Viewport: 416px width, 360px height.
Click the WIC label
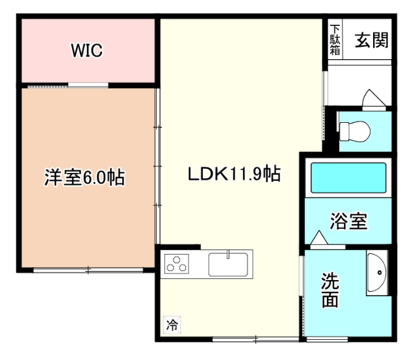pyautogui.click(x=86, y=51)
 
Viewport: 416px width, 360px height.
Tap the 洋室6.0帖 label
pyautogui.click(x=84, y=177)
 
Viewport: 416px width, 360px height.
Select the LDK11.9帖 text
pyautogui.click(x=234, y=174)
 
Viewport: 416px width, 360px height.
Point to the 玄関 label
pyautogui.click(x=371, y=40)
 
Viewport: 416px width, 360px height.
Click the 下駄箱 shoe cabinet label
pyautogui.click(x=334, y=40)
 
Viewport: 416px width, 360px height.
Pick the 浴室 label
pyautogui.click(x=348, y=222)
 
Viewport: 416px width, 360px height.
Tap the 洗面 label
pyautogui.click(x=330, y=290)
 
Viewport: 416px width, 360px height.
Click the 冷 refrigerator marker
pyautogui.click(x=171, y=323)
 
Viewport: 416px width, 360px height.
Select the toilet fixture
pyautogui.click(x=355, y=132)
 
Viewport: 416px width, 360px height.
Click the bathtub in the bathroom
pyautogui.click(x=349, y=177)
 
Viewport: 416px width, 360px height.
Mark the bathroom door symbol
pyautogui.click(x=320, y=240)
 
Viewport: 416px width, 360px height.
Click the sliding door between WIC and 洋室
pyautogui.click(x=88, y=85)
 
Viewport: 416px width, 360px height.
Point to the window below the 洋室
pyautogui.click(x=88, y=270)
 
